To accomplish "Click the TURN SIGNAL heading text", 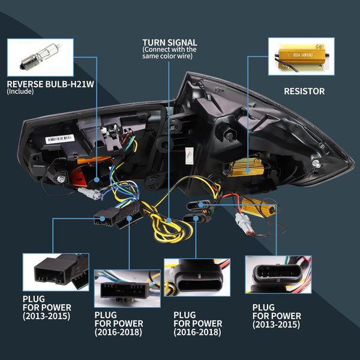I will coord(169,42).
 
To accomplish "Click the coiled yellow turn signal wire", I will coord(169,227).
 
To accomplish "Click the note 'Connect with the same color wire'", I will coord(169,54).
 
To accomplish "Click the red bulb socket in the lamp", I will coord(77,178).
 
